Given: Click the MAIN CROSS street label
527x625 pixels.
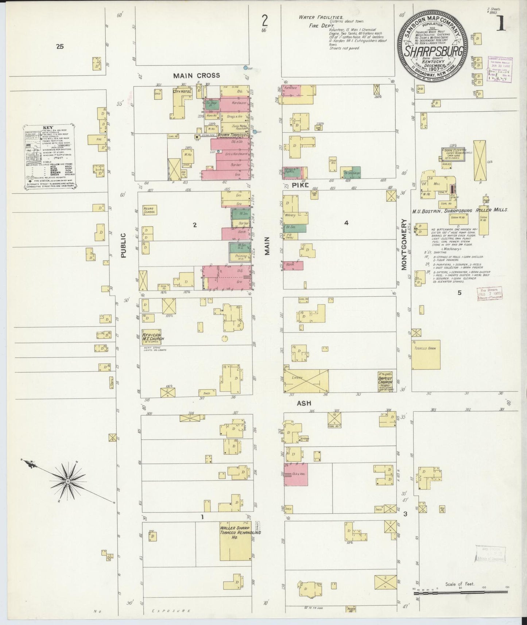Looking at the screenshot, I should pyautogui.click(x=197, y=75).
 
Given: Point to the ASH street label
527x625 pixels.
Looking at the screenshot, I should pyautogui.click(x=303, y=404).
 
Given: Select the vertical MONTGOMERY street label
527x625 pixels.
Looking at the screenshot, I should pyautogui.click(x=404, y=244).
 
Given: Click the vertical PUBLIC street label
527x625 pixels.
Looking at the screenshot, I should pyautogui.click(x=123, y=245).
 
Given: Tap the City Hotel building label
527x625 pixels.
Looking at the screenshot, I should pyautogui.click(x=182, y=91).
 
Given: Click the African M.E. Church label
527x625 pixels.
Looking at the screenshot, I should pyautogui.click(x=153, y=337).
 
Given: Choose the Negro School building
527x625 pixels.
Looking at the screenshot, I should pyautogui.click(x=150, y=210).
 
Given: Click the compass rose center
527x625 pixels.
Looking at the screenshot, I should pyautogui.click(x=68, y=481).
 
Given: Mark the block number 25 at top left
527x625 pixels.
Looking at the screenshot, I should pyautogui.click(x=60, y=46).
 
